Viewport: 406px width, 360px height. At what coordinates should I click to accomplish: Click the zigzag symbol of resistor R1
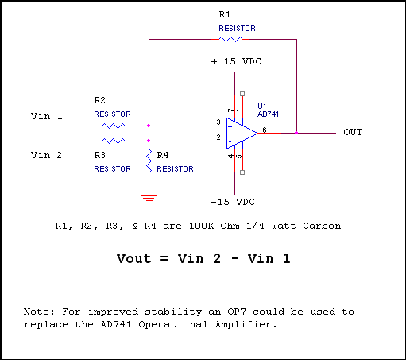230,39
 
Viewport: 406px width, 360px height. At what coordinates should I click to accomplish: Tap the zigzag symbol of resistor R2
114,126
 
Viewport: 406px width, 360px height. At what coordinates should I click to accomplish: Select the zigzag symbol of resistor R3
114,141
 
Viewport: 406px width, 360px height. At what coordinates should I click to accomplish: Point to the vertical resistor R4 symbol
149,161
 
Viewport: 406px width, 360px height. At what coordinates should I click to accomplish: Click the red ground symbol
149,199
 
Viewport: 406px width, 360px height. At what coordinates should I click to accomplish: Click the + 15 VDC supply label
236,61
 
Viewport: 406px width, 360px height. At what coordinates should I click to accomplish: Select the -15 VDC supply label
233,202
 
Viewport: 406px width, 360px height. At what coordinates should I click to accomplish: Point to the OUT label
353,132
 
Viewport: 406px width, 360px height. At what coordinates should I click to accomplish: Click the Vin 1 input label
47,116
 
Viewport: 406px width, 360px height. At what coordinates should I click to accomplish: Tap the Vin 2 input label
47,155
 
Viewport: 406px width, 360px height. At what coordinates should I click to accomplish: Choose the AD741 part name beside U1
268,114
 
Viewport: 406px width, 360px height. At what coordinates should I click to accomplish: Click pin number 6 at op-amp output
265,130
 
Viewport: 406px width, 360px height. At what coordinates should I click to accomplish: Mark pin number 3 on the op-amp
218,122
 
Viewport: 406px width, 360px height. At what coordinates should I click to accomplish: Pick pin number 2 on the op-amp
218,137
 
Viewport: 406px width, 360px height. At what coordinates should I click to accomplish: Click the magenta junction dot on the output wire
296,133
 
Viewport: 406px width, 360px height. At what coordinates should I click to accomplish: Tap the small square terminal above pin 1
242,94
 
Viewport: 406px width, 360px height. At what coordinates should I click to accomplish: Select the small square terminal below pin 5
242,172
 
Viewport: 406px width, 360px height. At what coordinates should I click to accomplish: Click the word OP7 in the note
237,312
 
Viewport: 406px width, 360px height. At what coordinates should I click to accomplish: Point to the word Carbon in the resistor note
322,226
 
